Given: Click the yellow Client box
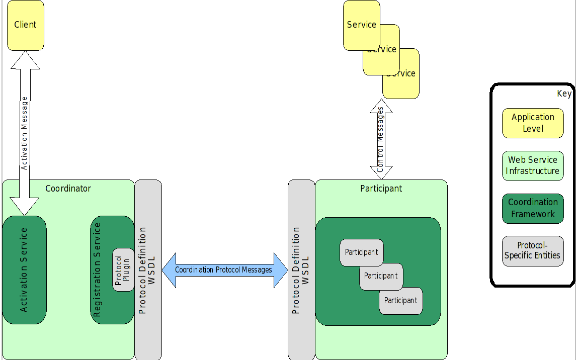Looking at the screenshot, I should pyautogui.click(x=26, y=25).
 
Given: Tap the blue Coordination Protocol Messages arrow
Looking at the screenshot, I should pyautogui.click(x=224, y=270).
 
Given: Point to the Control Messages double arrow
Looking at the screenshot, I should pyautogui.click(x=381, y=139).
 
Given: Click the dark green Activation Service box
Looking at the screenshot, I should pyautogui.click(x=24, y=270).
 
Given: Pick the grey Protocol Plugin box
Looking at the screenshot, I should pyautogui.click(x=123, y=269).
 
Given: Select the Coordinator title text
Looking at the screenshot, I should pyautogui.click(x=68, y=189).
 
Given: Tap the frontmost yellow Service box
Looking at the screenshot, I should pyautogui.click(x=361, y=25).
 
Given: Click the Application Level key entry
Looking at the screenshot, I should pyautogui.click(x=533, y=123).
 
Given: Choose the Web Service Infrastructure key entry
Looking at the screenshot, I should pyautogui.click(x=533, y=165).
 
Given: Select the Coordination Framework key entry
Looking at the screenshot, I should pyautogui.click(x=533, y=208).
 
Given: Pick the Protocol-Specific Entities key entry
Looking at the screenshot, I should pyautogui.click(x=533, y=250).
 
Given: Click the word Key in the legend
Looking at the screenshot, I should pyautogui.click(x=564, y=94).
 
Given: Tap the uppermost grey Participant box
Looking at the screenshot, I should pyautogui.click(x=361, y=252).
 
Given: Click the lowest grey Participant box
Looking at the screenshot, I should pyautogui.click(x=401, y=301).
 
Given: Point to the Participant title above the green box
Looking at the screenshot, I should pyautogui.click(x=381, y=189).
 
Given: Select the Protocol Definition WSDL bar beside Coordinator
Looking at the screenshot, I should pyautogui.click(x=148, y=270).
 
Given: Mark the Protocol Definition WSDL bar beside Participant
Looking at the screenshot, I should pyautogui.click(x=301, y=270).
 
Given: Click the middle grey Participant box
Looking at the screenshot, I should pyautogui.click(x=381, y=276).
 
